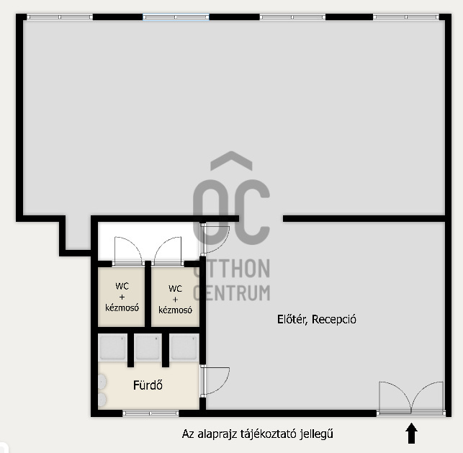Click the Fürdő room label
click(148, 385)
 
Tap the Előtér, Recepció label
click(317, 319)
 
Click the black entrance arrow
click(411, 433)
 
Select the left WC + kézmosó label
click(122, 297)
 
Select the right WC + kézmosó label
click(175, 299)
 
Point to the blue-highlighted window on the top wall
click(176, 17)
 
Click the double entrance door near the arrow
click(411, 398)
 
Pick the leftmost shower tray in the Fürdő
click(112, 347)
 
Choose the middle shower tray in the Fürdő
click(148, 347)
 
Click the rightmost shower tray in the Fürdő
click(184, 347)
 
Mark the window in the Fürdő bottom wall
click(150, 413)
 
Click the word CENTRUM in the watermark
click(232, 292)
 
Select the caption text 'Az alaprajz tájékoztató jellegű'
click(258, 434)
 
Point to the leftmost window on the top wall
click(60, 17)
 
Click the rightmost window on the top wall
click(406, 17)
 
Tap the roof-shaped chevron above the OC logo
click(232, 161)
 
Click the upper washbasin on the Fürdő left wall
click(102, 381)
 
